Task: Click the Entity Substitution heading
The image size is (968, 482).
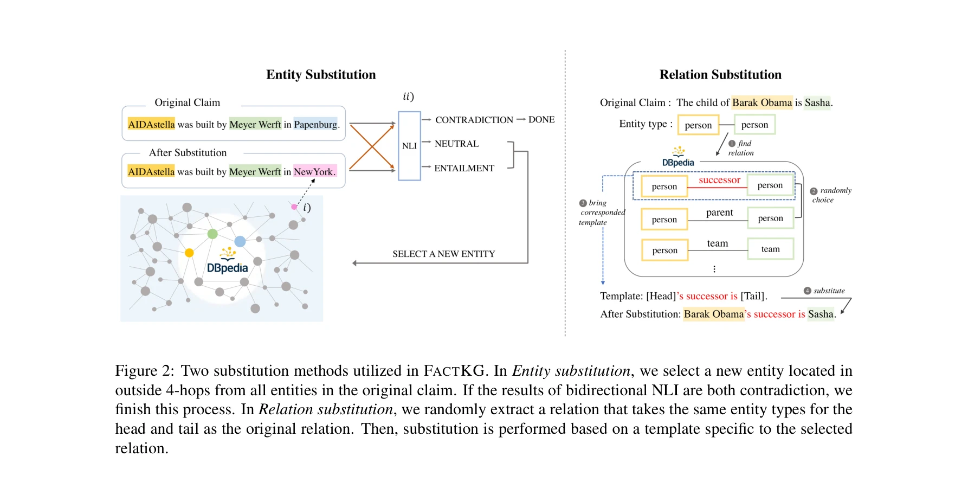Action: [321, 75]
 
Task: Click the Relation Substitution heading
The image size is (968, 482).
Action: [720, 75]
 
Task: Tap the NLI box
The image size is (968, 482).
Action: [409, 146]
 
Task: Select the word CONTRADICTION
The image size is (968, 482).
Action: [474, 120]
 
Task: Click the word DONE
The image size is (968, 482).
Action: [541, 120]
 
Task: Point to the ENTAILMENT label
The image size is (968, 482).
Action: [464, 168]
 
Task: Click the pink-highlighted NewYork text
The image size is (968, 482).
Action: [314, 172]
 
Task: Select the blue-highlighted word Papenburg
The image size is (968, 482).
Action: [315, 125]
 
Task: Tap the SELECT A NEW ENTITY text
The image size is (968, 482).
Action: [443, 254]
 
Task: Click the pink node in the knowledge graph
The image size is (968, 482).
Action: [294, 207]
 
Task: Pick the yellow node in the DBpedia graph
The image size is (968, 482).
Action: [189, 253]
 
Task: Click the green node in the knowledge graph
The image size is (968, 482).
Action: [212, 234]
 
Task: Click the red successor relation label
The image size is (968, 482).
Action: [719, 180]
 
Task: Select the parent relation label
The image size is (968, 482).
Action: [719, 213]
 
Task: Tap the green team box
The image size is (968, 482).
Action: [770, 249]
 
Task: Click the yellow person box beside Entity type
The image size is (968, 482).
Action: [698, 125]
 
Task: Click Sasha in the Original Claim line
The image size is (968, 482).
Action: [817, 102]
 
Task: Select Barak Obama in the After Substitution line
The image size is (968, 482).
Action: [713, 314]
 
